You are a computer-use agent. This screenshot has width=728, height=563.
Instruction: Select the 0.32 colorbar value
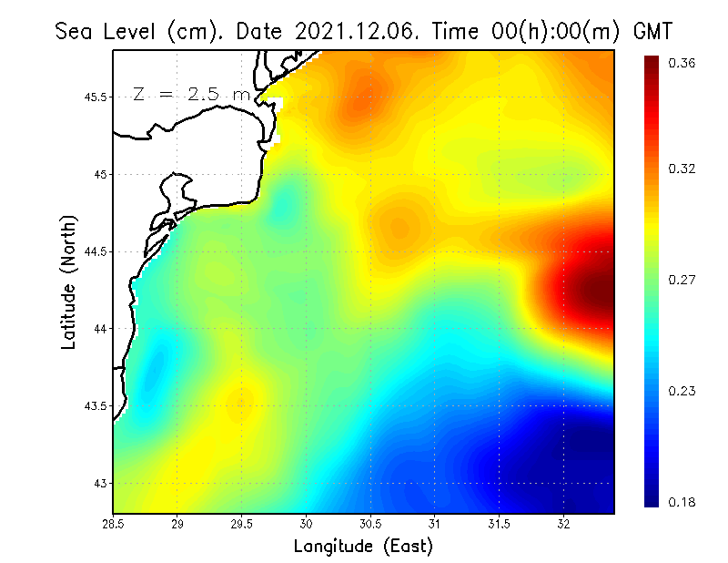point(683,169)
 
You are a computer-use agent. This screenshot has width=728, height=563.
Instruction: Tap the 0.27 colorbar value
point(683,280)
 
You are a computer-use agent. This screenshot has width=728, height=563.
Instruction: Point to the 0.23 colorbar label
point(683,391)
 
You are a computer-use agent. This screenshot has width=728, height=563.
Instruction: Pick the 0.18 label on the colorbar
point(683,502)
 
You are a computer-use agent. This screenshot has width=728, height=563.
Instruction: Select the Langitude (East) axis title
point(363,547)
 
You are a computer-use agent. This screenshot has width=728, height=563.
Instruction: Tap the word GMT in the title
point(652,31)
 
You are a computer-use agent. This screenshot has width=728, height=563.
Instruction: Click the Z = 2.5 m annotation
point(191,94)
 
